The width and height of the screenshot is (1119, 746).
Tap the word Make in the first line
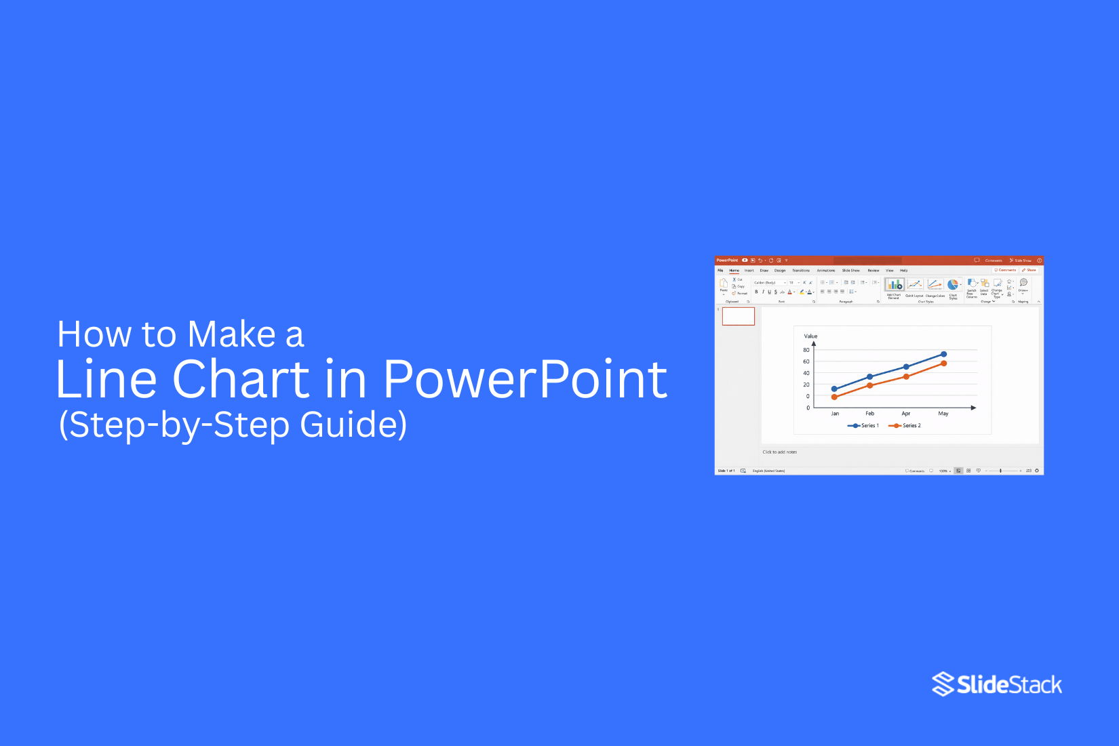231,334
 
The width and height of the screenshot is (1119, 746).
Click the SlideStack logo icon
943,684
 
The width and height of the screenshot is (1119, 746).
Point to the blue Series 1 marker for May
943,354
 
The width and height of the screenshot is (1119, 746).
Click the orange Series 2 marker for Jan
834,397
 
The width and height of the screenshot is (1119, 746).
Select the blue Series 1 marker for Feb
870,376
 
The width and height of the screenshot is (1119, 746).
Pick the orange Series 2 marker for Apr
906,376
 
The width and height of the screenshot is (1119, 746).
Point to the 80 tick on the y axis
806,350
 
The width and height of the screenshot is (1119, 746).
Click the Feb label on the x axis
870,414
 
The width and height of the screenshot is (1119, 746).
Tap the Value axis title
810,336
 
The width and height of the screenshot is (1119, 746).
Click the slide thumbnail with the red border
739,316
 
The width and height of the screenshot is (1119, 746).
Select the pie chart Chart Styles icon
953,285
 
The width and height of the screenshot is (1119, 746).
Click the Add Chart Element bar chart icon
895,285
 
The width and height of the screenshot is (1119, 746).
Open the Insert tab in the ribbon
749,271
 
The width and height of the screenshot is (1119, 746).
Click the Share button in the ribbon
1029,270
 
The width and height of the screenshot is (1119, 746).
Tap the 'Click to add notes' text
779,452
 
